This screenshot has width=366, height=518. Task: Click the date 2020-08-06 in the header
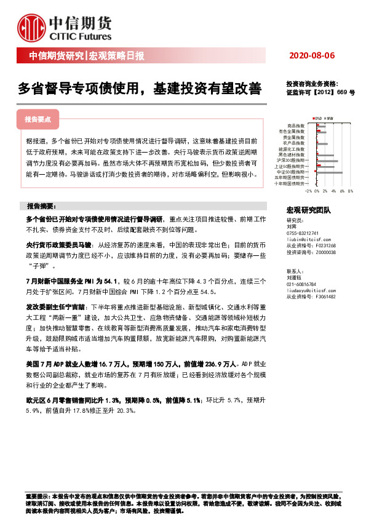pyautogui.click(x=312, y=56)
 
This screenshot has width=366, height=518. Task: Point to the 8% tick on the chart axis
pyautogui.click(x=349, y=191)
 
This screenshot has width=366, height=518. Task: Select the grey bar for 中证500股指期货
pyautogui.click(x=329, y=172)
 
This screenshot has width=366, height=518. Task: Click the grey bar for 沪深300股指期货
pyautogui.click(x=327, y=161)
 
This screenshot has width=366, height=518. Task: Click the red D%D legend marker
pyautogui.click(x=314, y=117)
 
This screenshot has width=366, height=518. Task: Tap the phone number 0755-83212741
pyautogui.click(x=303, y=233)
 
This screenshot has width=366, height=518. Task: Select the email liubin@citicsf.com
pyautogui.click(x=307, y=239)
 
